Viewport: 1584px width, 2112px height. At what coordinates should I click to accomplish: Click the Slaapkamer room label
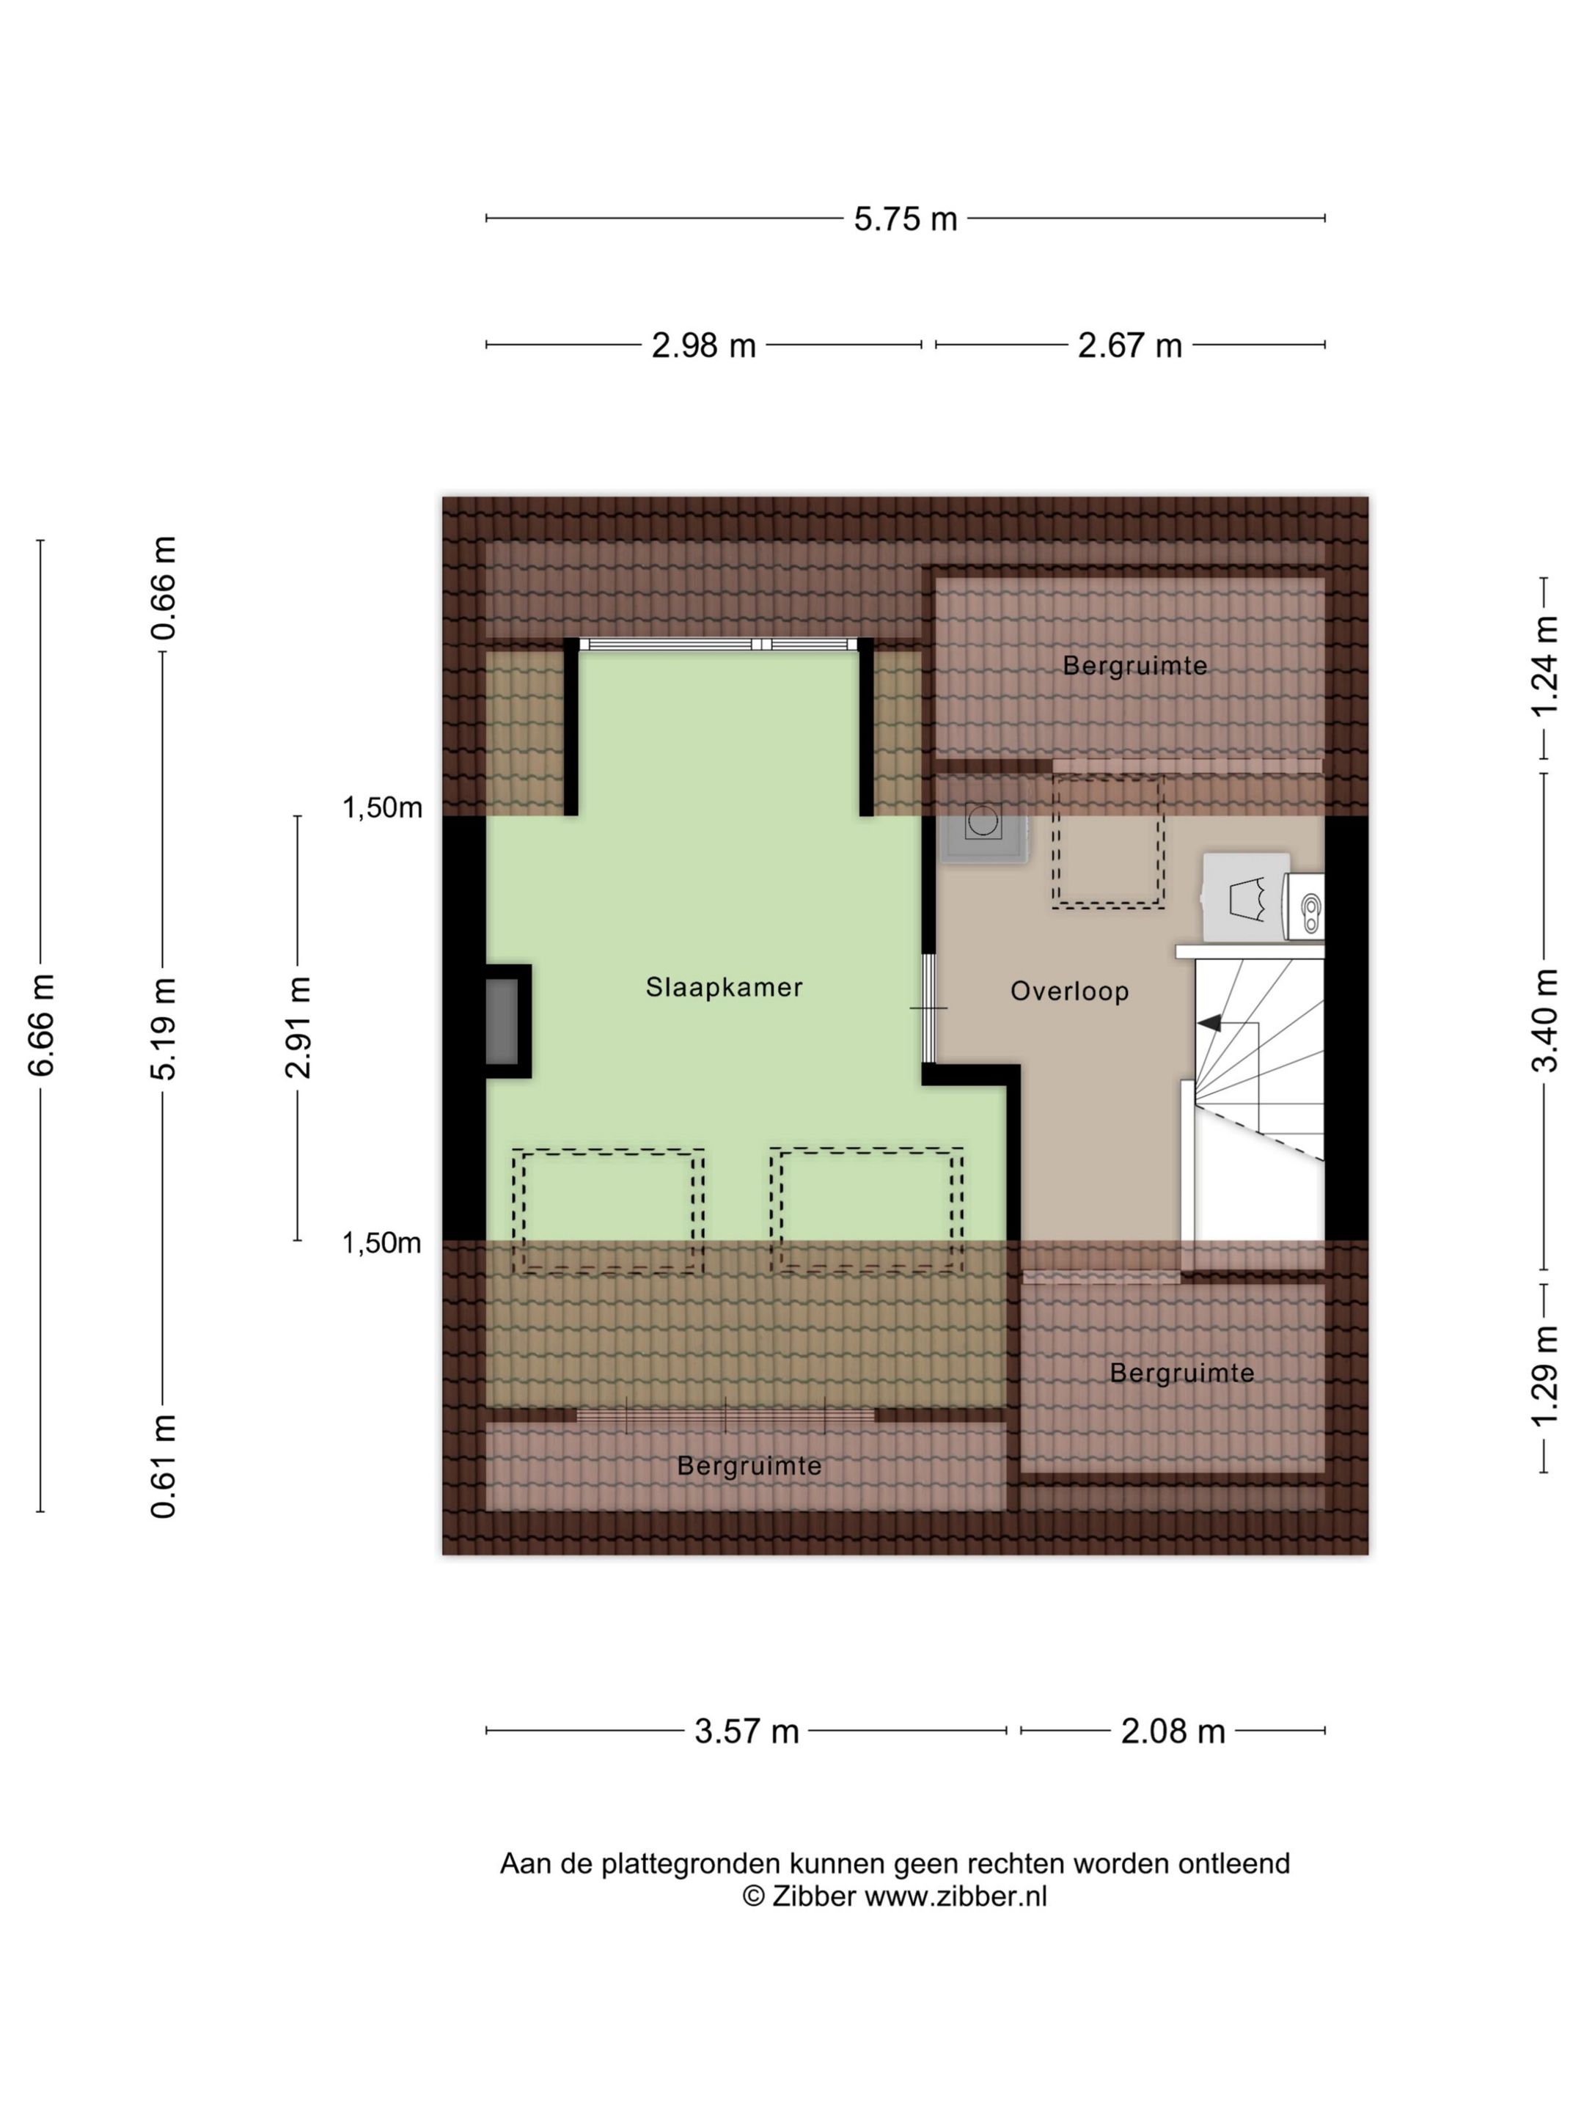[x=724, y=987]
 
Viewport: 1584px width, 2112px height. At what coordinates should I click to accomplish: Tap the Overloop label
[x=1069, y=992]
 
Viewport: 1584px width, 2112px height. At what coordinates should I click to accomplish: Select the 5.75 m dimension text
[x=905, y=219]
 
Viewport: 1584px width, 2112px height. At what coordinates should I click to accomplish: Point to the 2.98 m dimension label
[x=704, y=345]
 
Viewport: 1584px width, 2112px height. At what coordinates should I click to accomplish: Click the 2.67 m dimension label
[x=1129, y=345]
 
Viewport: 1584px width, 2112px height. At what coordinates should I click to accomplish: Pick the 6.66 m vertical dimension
[x=41, y=1025]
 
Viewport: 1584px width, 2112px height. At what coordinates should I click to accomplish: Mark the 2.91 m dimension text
[x=299, y=1027]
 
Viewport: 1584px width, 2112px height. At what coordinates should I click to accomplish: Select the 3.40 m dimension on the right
[x=1545, y=1021]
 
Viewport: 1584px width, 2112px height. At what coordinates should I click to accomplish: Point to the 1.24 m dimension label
[x=1545, y=665]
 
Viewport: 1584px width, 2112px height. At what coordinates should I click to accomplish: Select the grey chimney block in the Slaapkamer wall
[x=503, y=1022]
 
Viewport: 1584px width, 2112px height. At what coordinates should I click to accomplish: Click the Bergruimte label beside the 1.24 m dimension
[x=1135, y=665]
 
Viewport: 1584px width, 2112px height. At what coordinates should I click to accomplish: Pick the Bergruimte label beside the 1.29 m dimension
[x=1182, y=1373]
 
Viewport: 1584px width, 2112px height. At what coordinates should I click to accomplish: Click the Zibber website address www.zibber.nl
[x=956, y=1896]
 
